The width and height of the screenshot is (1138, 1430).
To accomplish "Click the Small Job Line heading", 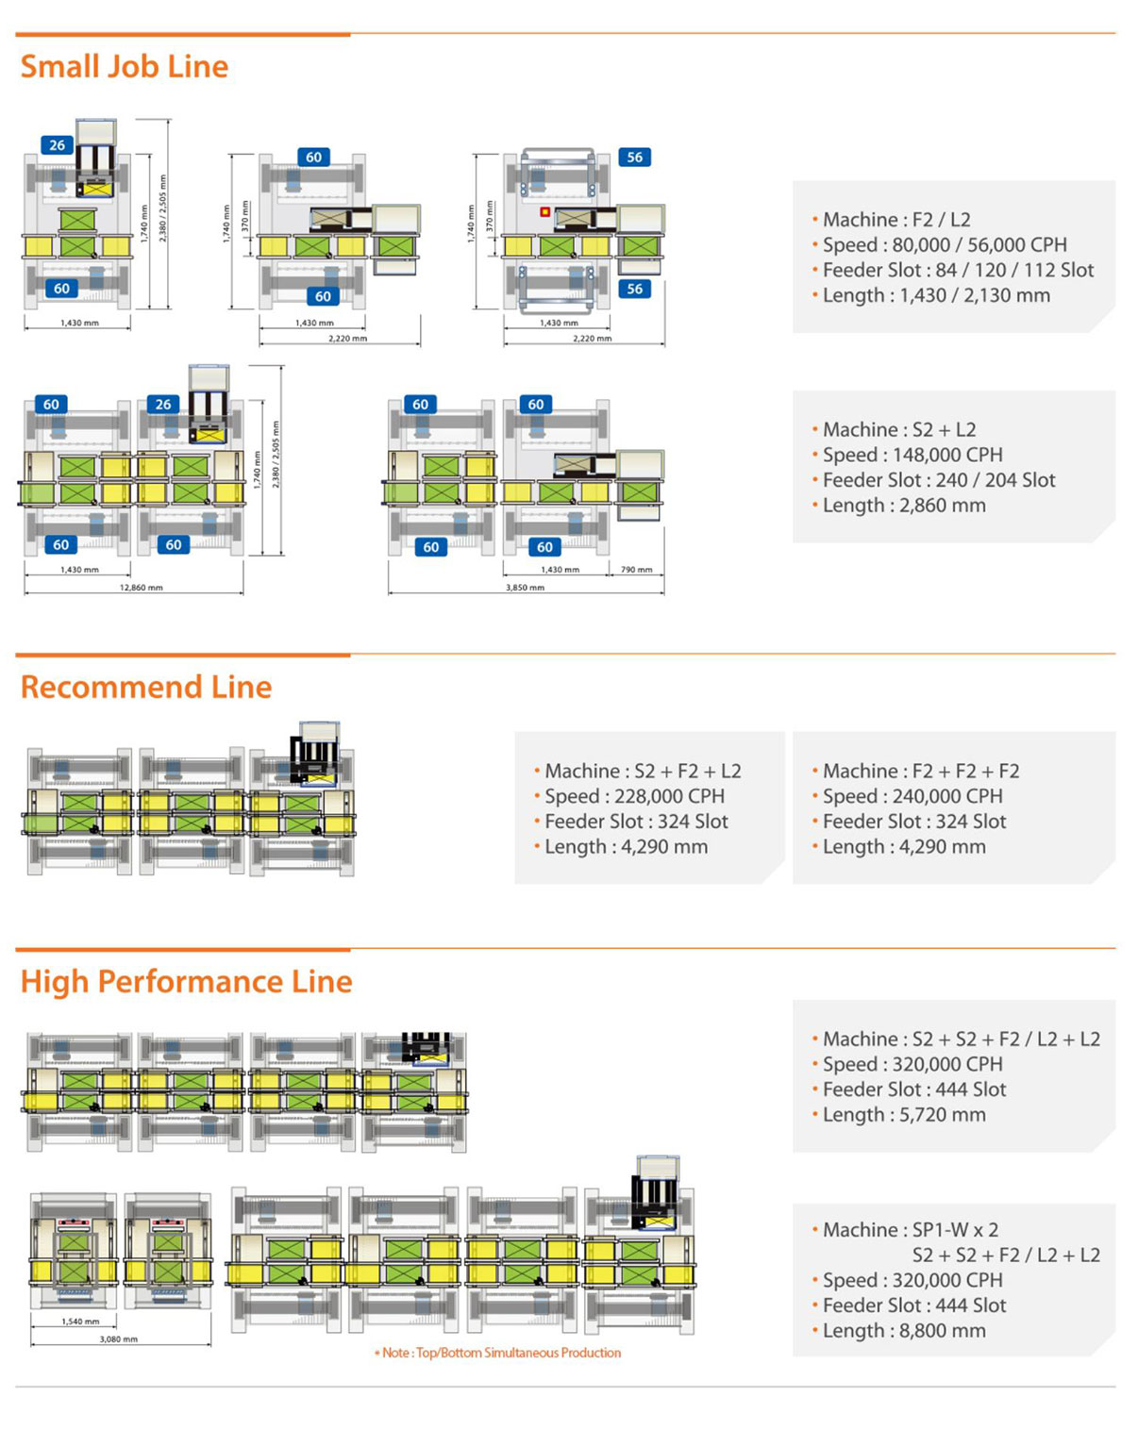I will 125,67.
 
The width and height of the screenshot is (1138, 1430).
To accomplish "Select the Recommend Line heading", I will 146,687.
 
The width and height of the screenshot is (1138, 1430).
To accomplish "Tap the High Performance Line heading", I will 187,982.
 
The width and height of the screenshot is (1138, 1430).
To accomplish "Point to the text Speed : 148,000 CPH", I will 912,455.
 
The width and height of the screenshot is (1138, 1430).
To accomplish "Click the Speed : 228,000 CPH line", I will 634,796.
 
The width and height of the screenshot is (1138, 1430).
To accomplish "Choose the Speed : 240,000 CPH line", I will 912,796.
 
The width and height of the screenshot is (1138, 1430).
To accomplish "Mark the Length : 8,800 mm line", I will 903,1331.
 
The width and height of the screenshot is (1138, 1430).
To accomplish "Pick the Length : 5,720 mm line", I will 903,1115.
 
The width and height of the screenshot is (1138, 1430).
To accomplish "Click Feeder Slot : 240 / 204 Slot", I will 938,480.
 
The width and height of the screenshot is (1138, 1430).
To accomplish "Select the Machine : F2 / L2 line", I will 895,220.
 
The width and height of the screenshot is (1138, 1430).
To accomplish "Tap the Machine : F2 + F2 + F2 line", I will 920,771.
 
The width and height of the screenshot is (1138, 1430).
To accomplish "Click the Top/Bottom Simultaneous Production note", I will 501,1353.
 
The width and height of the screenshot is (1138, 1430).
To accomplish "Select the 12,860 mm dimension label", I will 141,588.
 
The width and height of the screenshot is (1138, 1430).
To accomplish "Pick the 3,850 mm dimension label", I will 525,588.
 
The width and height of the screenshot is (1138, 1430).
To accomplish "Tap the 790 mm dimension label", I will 637,570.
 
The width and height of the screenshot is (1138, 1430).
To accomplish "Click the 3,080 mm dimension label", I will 118,1339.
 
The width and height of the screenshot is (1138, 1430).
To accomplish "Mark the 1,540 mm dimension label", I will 80,1322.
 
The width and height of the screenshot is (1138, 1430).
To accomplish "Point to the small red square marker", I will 544,212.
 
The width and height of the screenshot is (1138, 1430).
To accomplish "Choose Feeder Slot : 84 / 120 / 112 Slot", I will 957,271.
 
